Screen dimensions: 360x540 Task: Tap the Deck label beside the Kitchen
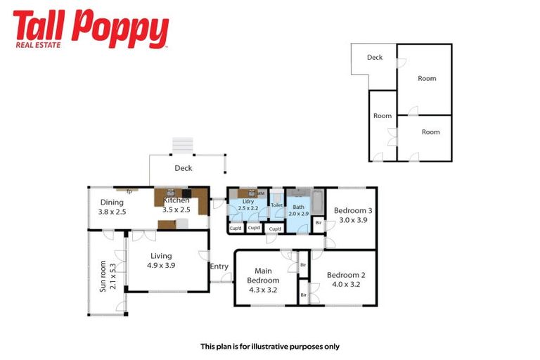click(x=184, y=168)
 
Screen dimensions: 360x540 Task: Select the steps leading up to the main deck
click(x=183, y=144)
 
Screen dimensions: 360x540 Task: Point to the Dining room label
click(x=112, y=202)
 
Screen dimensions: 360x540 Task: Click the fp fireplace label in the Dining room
click(x=129, y=191)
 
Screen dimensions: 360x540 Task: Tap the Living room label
click(x=161, y=256)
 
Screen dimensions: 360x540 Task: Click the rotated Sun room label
click(x=103, y=276)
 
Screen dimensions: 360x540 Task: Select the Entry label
click(x=219, y=266)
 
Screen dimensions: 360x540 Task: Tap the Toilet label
click(x=276, y=205)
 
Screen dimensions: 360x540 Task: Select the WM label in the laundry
click(x=260, y=193)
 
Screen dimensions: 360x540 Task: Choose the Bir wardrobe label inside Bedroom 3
click(x=318, y=223)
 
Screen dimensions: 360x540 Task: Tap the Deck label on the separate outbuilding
click(x=375, y=58)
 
